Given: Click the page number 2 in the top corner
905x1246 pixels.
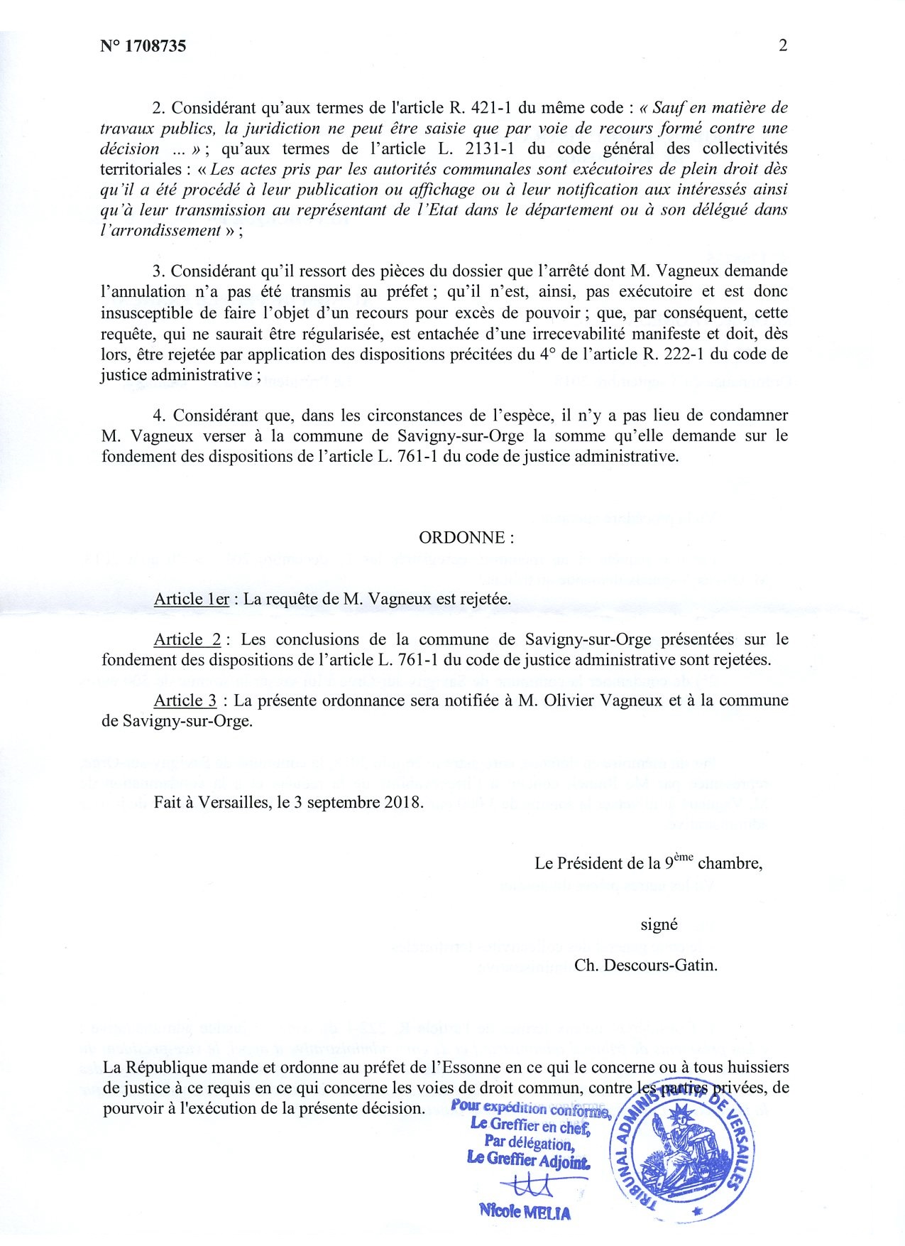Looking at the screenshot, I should pos(783,45).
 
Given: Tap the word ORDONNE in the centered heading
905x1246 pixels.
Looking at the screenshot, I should pos(461,538).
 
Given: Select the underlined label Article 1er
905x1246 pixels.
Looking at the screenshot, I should pos(192,599).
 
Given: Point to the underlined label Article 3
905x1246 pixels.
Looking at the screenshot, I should pos(185,700).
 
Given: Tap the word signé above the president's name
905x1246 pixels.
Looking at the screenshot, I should pos(659,925).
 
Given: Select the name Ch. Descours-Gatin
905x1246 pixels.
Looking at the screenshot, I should pos(646,966).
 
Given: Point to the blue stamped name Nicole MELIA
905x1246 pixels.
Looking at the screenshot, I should pos(525,1213).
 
